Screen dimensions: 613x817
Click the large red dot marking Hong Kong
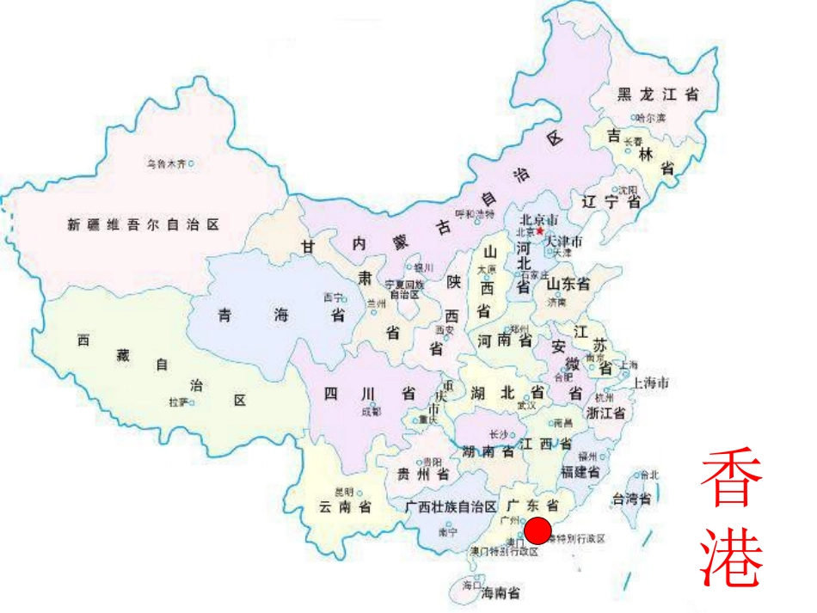[537, 531]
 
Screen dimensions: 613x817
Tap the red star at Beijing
[539, 230]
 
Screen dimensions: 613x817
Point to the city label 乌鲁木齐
[165, 162]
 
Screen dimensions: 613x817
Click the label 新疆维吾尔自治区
[143, 224]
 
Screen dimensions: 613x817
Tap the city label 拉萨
[178, 402]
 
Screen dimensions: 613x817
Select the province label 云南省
[344, 507]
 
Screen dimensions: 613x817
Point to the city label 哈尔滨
[651, 118]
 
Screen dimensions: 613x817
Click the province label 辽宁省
[611, 203]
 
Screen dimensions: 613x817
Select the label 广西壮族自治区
[451, 507]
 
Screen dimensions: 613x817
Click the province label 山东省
[568, 284]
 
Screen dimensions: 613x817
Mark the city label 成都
[371, 412]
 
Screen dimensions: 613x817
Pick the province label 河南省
[506, 340]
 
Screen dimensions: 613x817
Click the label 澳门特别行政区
[504, 551]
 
